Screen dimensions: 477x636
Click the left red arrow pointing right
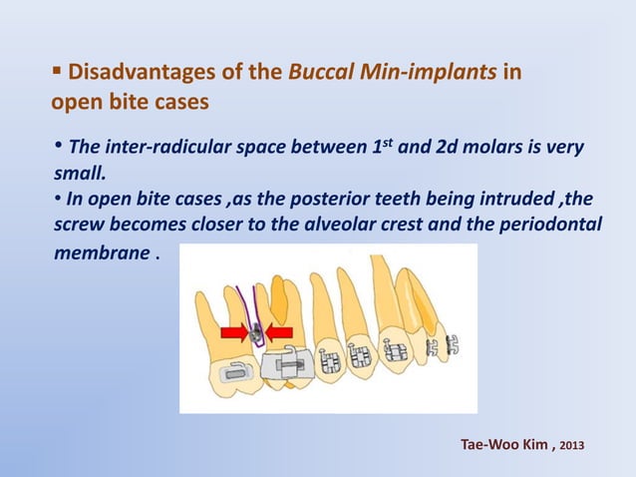(235, 332)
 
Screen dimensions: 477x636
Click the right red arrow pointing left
(280, 332)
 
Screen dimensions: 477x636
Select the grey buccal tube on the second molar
(231, 375)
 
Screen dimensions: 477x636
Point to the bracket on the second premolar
(332, 356)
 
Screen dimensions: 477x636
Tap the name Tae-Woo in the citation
(483, 441)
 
